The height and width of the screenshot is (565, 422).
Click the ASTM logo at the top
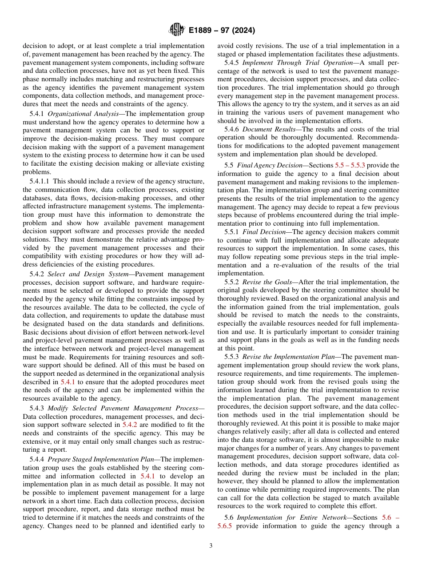pyautogui.click(x=176, y=31)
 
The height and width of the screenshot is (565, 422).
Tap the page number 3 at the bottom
pyautogui.click(x=211, y=545)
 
